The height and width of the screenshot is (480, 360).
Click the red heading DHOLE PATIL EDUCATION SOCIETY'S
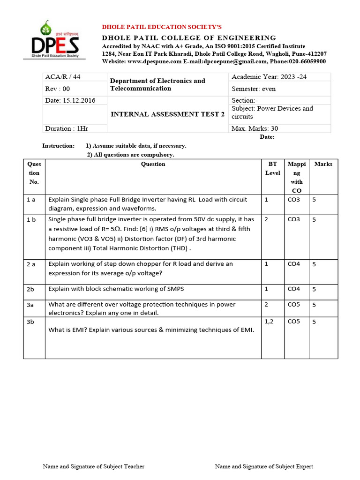[162, 27]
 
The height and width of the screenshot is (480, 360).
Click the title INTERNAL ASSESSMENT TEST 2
[167, 114]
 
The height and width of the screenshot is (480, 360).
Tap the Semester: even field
[254, 89]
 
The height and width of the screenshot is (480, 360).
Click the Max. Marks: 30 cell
[257, 128]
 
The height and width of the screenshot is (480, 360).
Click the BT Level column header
[272, 168]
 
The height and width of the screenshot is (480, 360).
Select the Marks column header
[323, 164]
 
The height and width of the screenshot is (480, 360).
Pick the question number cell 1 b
[31, 219]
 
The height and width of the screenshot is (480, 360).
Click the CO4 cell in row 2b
[294, 289]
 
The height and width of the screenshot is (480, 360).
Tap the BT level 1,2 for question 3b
[269, 322]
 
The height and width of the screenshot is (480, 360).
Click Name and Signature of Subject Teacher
[93, 466]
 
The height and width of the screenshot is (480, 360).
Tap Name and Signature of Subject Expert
[264, 466]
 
